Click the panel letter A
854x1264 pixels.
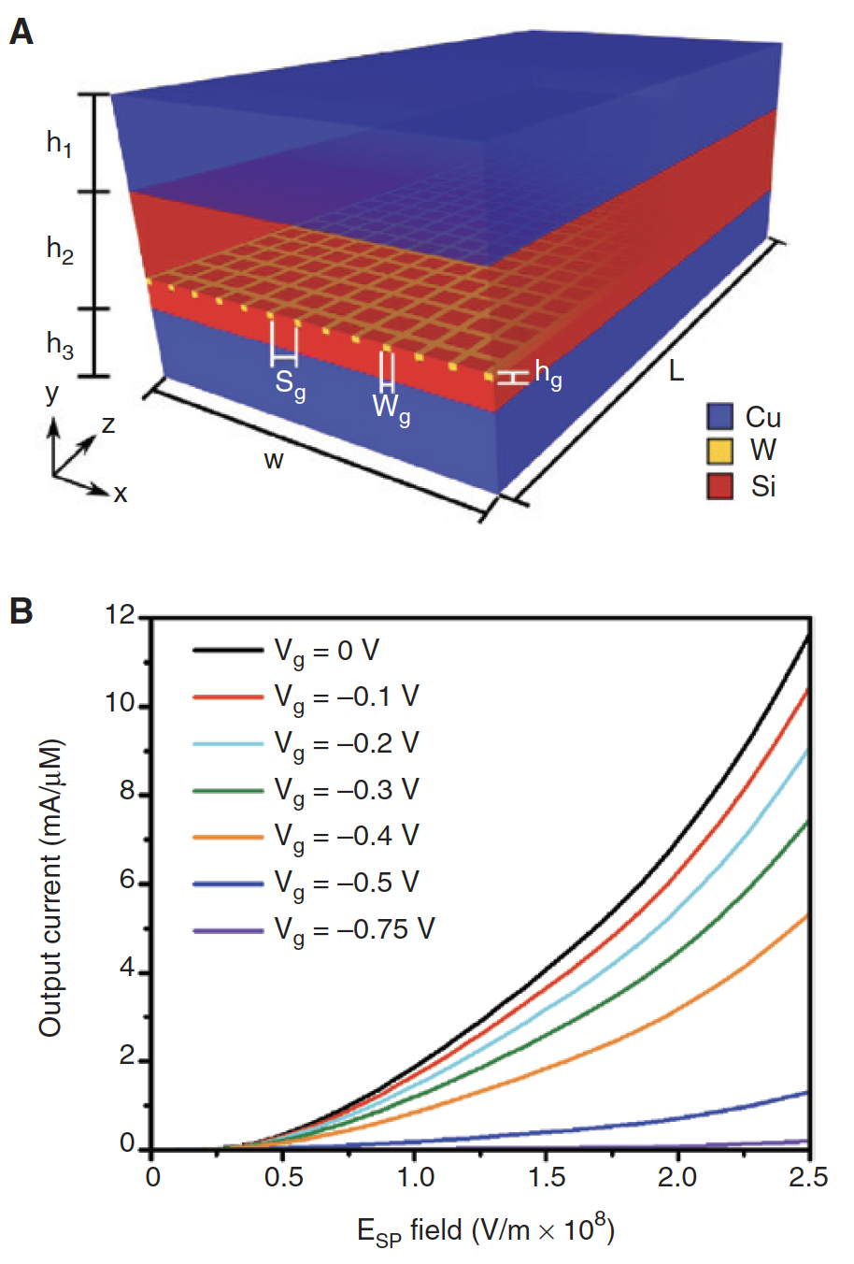(21, 34)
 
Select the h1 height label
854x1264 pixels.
(60, 144)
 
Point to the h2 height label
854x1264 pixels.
(60, 250)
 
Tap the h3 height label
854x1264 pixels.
(60, 345)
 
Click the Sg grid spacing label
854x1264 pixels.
(290, 384)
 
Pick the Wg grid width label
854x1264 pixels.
(391, 408)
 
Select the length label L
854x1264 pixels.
(676, 371)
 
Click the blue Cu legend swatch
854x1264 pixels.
(719, 417)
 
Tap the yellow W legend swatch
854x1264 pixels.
(719, 452)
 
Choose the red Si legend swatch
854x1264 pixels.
(719, 486)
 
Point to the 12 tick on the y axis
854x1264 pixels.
(121, 616)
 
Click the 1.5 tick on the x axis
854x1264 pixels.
(547, 1177)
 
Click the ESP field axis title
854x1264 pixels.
(485, 1230)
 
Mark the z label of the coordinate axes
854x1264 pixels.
(108, 424)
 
